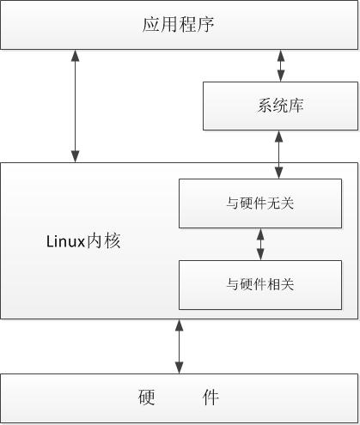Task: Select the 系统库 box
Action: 280,106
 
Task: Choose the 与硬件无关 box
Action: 260,203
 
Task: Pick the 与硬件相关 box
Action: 260,284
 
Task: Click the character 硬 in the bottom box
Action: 146,398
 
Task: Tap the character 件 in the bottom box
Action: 211,398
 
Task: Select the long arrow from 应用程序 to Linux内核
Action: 76,106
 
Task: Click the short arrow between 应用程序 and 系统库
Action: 280,65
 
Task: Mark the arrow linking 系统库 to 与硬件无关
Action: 280,155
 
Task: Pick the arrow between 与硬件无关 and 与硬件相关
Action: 260,244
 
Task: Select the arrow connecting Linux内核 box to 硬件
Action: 180,346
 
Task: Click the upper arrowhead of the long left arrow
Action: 76,56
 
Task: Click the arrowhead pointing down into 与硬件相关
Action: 260,255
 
